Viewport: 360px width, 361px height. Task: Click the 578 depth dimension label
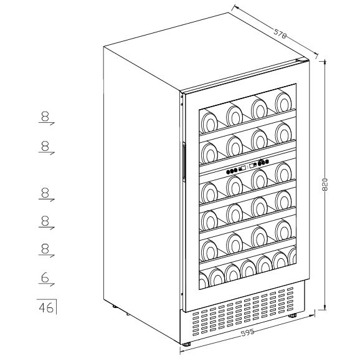280,34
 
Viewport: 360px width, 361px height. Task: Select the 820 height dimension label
324,185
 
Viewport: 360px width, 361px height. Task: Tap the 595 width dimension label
248,332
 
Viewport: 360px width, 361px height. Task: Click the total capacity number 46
46,307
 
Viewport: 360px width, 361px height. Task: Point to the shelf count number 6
45,278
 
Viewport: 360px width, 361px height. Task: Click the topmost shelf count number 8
45,116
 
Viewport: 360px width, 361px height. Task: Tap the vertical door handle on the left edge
184,160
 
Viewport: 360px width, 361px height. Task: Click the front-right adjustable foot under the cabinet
293,315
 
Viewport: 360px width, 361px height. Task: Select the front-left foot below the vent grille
187,344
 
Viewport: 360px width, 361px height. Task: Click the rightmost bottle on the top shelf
283,102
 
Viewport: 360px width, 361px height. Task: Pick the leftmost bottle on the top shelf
209,123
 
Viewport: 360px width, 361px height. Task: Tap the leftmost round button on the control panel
228,171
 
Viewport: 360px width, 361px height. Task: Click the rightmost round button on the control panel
267,161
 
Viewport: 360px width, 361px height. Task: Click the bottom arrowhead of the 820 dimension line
324,309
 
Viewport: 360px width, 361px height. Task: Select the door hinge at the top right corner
302,60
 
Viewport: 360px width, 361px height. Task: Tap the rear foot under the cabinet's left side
115,307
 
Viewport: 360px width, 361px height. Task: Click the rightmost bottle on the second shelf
283,133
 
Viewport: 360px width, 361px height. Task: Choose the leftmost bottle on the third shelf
209,192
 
